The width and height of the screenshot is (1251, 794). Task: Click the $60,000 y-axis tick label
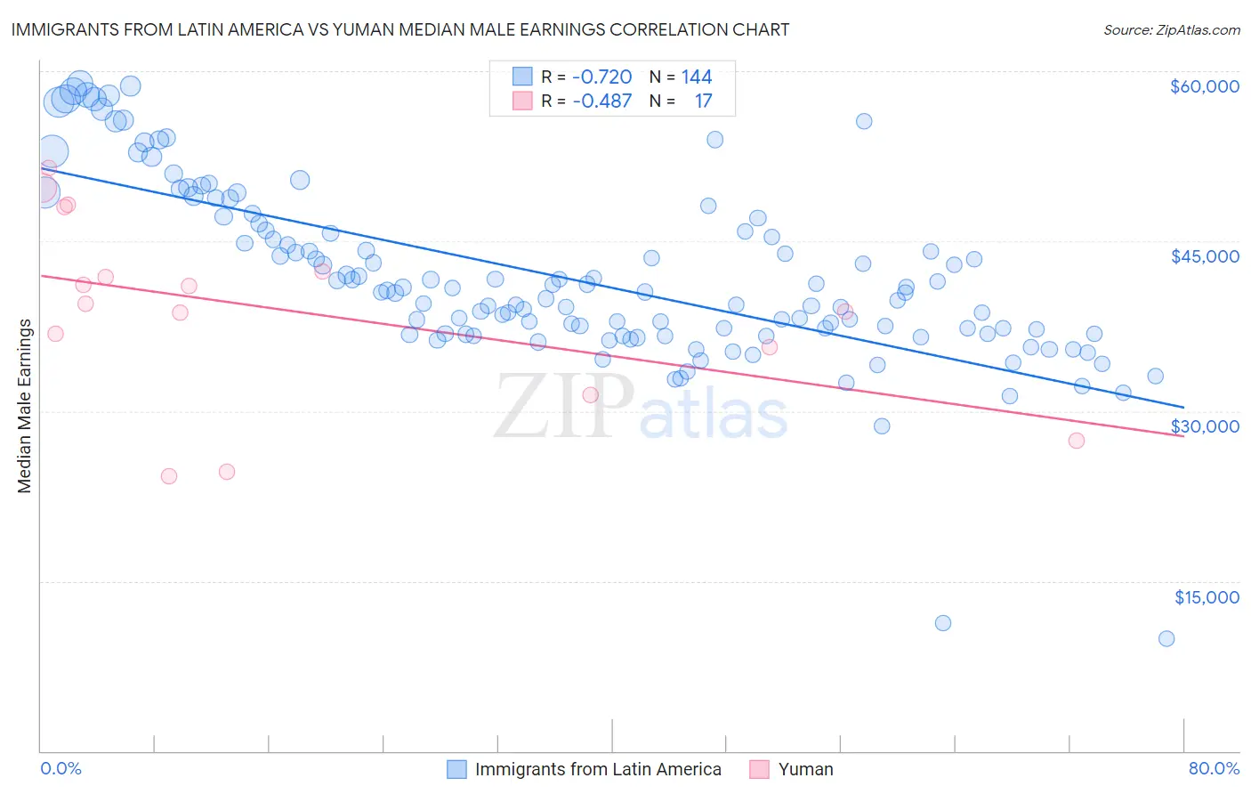1204,86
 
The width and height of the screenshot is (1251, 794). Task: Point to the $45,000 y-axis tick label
1204,256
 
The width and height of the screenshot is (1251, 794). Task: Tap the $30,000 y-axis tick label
1204,426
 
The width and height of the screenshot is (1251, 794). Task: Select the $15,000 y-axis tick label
1207,597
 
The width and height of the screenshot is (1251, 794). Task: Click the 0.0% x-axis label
61,769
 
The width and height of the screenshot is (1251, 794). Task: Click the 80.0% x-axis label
1214,769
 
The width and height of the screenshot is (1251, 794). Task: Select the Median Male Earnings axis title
25,406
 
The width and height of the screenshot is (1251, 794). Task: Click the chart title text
400,29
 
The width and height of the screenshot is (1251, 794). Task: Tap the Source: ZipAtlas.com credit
1171,29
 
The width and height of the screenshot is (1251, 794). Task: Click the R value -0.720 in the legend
601,77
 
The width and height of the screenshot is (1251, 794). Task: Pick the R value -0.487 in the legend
601,101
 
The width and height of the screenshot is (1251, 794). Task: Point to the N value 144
697,77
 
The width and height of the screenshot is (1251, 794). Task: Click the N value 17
703,101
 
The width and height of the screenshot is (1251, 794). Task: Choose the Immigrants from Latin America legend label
598,769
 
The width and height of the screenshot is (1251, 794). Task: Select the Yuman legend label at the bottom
805,769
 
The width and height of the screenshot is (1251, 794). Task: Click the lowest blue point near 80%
1166,638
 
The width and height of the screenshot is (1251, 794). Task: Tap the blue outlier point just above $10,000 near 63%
943,623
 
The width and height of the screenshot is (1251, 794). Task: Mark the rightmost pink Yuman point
1077,441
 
